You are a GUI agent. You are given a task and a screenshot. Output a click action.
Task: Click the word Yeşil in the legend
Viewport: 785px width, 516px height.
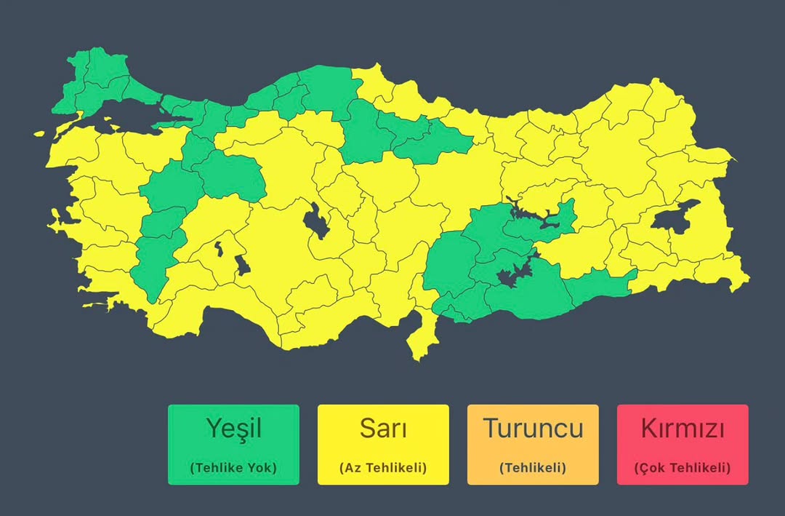233,429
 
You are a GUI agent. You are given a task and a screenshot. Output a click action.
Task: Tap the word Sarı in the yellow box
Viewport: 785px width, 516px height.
383,429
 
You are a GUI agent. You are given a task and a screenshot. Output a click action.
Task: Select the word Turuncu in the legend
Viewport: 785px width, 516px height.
533,429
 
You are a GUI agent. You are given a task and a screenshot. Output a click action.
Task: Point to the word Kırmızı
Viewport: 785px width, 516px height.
683,429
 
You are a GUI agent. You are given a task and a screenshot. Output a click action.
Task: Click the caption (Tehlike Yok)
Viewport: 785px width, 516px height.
233,468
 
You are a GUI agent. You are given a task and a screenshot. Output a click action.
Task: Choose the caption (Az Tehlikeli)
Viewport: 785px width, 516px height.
383,468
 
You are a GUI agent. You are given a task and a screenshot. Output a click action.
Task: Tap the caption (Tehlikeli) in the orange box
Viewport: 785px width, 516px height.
533,468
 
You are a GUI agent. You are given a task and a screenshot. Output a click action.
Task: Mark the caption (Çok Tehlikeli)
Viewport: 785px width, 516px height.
683,468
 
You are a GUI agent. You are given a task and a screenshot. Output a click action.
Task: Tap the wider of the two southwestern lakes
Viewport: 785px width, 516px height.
242,265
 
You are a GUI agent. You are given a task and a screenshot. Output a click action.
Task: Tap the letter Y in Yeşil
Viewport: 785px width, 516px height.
212,429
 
